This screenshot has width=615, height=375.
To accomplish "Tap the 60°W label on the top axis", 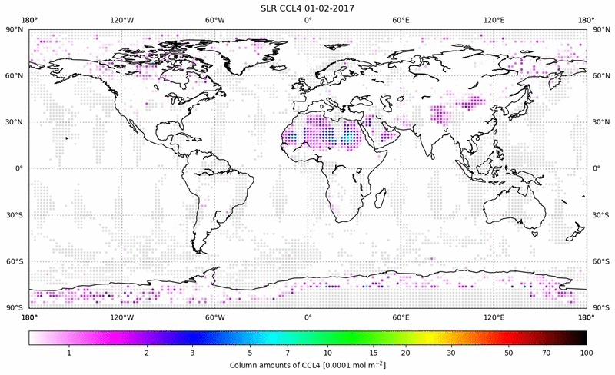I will tap(214, 20).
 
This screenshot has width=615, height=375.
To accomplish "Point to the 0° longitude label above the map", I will tap(307, 20).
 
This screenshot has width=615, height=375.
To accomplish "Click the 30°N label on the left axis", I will tap(15, 122).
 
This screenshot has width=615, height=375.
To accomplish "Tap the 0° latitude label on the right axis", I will tap(597, 168).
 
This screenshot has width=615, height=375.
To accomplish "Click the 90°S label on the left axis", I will tap(15, 307).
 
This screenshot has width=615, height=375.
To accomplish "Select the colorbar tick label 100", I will tap(587, 353).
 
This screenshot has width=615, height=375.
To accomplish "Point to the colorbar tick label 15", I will tap(373, 353).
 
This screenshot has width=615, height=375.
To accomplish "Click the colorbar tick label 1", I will tap(69, 353).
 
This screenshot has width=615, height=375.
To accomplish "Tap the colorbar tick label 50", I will tap(509, 353).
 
